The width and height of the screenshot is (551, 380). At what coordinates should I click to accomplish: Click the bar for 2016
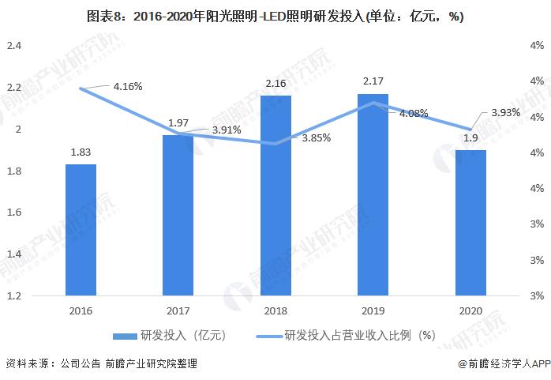pyautogui.click(x=81, y=230)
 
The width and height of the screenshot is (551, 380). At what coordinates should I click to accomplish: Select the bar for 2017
pyautogui.click(x=178, y=215)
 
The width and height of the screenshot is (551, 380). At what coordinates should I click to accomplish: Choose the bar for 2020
pyautogui.click(x=470, y=223)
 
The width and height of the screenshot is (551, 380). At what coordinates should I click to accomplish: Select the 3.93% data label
pyautogui.click(x=505, y=113)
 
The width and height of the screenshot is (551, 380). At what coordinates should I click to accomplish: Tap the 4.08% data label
pyautogui.click(x=414, y=114)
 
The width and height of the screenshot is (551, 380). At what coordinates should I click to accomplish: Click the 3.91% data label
pyautogui.click(x=226, y=130)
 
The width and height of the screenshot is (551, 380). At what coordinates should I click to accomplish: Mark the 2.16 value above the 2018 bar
pyautogui.click(x=275, y=83)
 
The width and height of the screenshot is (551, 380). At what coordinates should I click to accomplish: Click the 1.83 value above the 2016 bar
pyautogui.click(x=81, y=152)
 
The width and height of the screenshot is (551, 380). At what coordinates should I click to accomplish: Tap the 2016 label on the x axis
pyautogui.click(x=81, y=311)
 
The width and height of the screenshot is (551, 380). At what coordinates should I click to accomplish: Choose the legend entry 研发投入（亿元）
pyautogui.click(x=170, y=335)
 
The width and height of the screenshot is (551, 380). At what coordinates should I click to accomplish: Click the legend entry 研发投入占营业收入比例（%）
pyautogui.click(x=347, y=335)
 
